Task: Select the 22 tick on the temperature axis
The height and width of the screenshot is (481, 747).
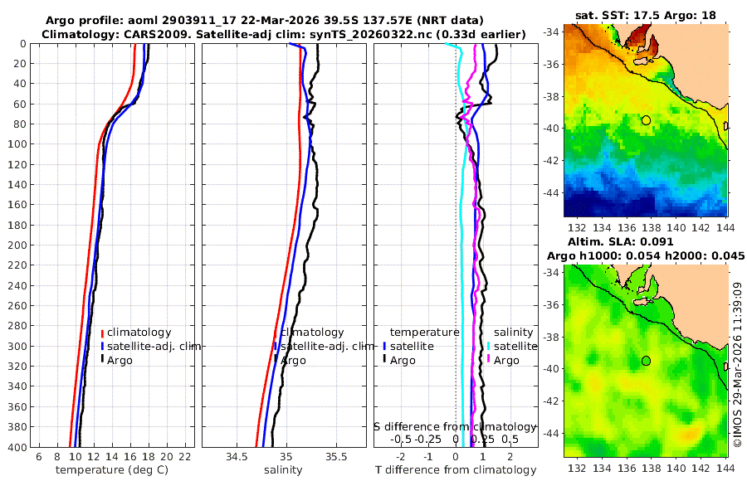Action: (185, 458)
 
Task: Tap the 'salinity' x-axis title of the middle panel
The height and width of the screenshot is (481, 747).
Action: (283, 470)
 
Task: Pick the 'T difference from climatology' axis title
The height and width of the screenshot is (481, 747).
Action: (456, 470)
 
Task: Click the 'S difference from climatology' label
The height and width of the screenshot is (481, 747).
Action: (456, 426)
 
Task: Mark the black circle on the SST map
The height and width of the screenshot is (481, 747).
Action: (646, 120)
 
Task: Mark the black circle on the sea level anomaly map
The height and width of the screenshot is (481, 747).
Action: (646, 361)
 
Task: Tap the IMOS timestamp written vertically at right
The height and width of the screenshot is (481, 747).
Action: (737, 365)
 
